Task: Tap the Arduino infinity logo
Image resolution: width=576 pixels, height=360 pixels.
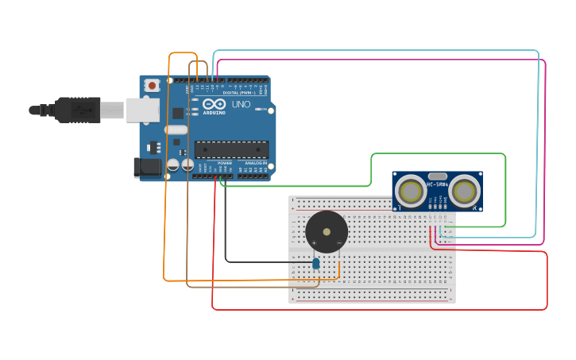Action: (x=214, y=104)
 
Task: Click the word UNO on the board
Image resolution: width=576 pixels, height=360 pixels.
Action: (x=241, y=104)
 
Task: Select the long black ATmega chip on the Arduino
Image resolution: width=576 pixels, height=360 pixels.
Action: (x=231, y=149)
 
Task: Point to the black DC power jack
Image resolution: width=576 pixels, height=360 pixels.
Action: (x=148, y=167)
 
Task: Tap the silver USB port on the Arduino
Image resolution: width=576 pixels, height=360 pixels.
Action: (x=142, y=110)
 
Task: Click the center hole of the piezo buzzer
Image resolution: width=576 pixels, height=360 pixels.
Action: (x=327, y=231)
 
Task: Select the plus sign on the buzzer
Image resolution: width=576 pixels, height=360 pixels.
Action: (x=314, y=242)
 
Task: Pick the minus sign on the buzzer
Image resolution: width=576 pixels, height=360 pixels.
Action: (x=339, y=242)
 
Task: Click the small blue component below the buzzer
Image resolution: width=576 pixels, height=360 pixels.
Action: (x=315, y=263)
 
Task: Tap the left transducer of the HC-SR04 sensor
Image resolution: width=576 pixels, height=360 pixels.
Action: (x=411, y=192)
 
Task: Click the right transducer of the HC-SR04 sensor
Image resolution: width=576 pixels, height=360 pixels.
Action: (x=464, y=192)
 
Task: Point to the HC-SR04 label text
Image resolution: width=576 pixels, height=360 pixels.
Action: (x=437, y=185)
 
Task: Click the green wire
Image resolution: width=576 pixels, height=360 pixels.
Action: (x=505, y=191)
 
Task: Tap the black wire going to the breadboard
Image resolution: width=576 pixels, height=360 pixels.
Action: (x=225, y=230)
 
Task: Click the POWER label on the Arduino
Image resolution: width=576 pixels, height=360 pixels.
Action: (x=225, y=163)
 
